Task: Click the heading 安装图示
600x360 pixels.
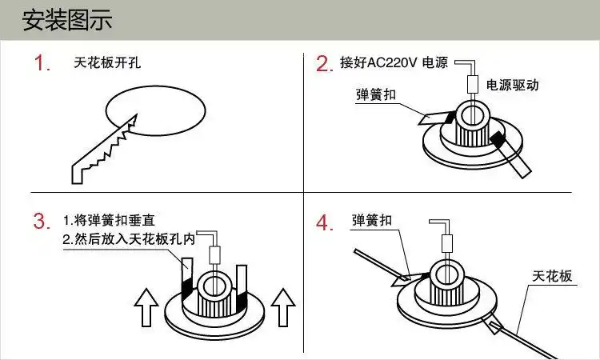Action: tap(67, 20)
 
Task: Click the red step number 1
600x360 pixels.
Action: tap(42, 63)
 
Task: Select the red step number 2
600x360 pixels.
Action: tap(323, 64)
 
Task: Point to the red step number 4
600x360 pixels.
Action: tap(323, 222)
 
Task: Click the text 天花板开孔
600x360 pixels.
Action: tap(106, 62)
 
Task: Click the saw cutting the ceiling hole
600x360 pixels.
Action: tap(104, 149)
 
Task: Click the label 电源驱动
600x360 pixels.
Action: tap(512, 84)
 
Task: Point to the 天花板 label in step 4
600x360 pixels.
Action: tap(553, 276)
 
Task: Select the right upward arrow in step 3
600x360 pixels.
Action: tap(283, 307)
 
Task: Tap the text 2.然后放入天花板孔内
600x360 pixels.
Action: tap(128, 239)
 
